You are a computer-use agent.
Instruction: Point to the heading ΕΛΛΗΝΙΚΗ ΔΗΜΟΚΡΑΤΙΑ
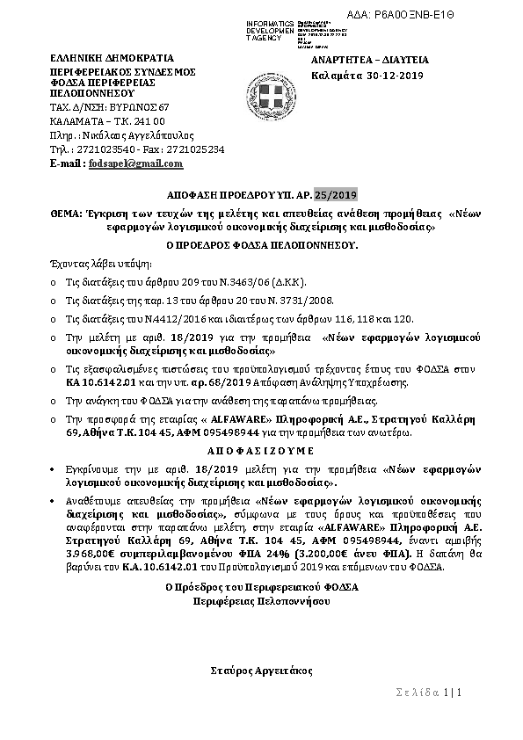[x=99, y=58]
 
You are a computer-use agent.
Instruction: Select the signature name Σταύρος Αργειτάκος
[x=262, y=669]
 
